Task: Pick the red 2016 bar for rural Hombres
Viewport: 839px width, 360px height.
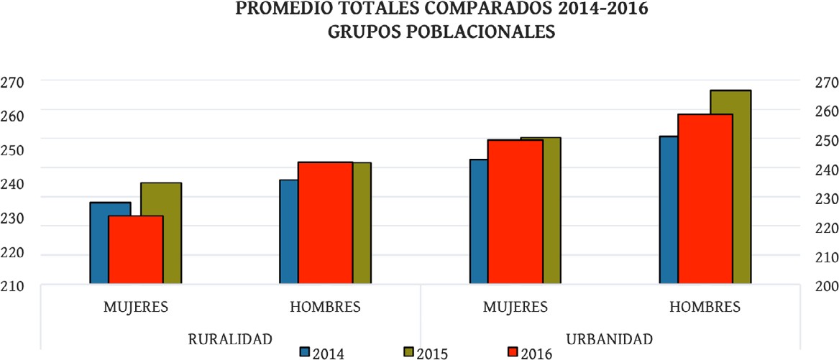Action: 325,223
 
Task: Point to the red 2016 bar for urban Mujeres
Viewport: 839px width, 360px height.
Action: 515,212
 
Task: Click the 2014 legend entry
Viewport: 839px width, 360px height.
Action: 321,353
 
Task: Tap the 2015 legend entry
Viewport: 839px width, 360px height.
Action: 425,353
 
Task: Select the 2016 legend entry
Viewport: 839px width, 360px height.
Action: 529,353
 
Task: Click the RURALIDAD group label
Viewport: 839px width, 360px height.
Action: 230,338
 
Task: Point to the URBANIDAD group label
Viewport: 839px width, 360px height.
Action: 610,338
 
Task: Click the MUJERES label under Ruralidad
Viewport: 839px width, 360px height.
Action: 136,307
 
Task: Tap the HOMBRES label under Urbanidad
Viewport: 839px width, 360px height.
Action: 705,307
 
